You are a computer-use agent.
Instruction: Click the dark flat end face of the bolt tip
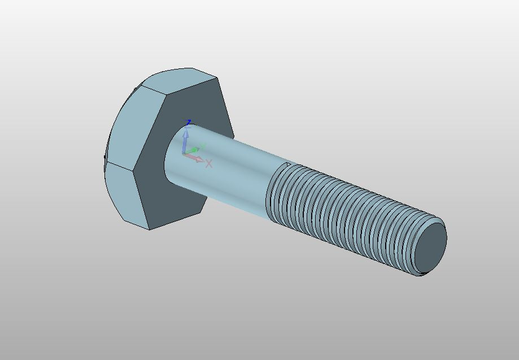431,246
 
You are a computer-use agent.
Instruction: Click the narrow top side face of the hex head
178,78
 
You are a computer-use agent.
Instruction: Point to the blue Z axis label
189,122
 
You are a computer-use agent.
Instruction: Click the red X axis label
209,164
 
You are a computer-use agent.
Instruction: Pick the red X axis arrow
198,159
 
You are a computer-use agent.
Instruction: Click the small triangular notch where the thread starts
288,165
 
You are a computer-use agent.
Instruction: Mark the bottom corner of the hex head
149,229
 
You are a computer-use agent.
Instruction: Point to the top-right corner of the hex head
218,78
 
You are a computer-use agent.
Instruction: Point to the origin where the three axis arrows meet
184,153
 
